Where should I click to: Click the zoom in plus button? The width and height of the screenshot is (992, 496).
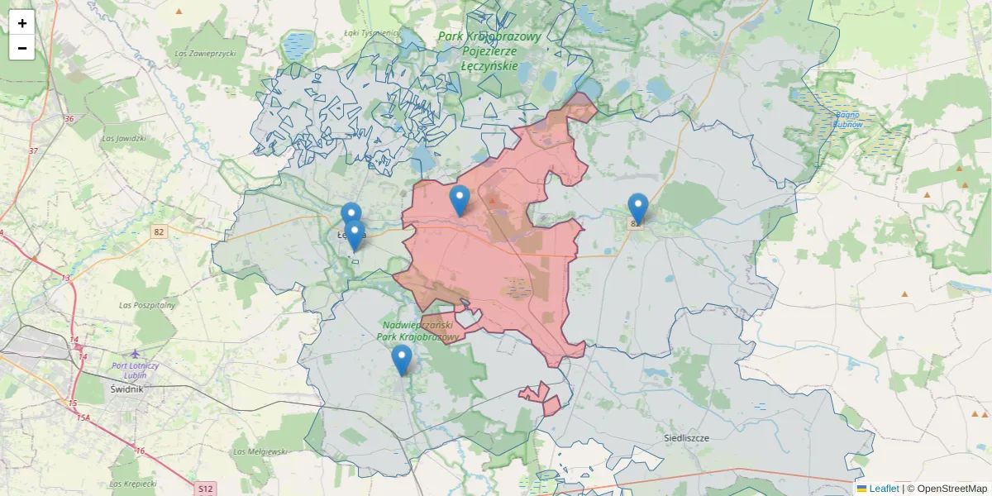coord(22,23)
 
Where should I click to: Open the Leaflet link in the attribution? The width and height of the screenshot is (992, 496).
coord(883,489)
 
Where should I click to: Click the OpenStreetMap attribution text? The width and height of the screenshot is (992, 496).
coord(952,489)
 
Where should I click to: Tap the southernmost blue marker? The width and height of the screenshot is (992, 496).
coord(402,360)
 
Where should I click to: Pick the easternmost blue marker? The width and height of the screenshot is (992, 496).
coord(637,208)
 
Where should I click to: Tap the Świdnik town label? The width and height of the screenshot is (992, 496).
coord(126,388)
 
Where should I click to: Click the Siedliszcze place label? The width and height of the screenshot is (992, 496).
coord(687,437)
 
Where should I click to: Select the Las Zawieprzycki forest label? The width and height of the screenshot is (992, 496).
coord(206,53)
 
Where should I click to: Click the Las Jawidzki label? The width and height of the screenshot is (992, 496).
coord(124,138)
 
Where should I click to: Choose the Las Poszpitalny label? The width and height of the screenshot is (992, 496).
coord(148,305)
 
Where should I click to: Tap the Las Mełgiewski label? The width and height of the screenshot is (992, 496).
coord(260,451)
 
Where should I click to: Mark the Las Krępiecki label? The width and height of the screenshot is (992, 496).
coord(133,484)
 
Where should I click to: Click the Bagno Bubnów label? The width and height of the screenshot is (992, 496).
coord(847,119)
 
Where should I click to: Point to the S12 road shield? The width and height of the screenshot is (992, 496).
coord(206,489)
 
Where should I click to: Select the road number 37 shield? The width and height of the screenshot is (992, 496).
coord(33,150)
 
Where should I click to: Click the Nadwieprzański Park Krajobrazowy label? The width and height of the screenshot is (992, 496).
coord(417,331)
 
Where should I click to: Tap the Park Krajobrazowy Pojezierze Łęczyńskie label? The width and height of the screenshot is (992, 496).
coord(489,50)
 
